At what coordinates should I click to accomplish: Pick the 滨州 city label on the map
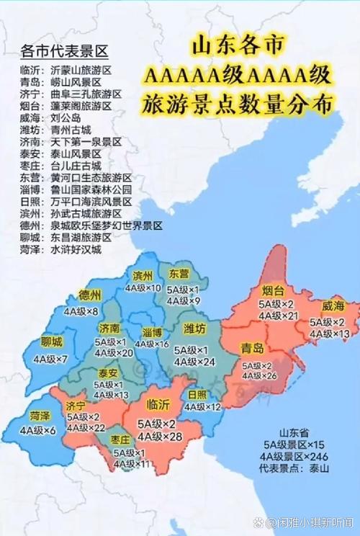tap(143, 275)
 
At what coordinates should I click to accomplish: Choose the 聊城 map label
tap(52, 341)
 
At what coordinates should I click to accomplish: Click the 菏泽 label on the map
tap(40, 416)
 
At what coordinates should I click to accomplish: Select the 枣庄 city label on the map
tap(120, 439)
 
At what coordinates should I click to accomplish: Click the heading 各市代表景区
tap(64, 51)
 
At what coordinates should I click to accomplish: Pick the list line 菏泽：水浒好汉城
tap(61, 250)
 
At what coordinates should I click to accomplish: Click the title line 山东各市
tap(239, 47)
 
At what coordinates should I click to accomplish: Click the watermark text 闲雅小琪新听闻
tap(315, 522)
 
